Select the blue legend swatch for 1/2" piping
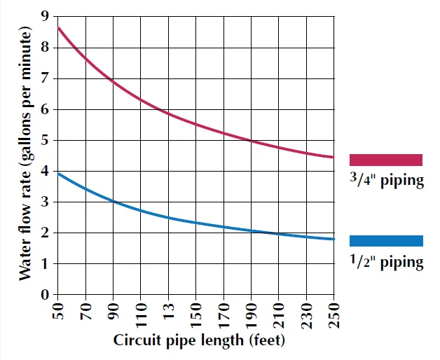[x=386, y=241]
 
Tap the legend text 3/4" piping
[x=386, y=180]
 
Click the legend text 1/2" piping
[x=386, y=262]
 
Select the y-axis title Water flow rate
[x=25, y=154]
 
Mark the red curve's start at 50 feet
[x=59, y=28]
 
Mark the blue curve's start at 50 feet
[x=59, y=173]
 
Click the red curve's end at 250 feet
[x=334, y=157]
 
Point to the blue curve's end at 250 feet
[x=334, y=239]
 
